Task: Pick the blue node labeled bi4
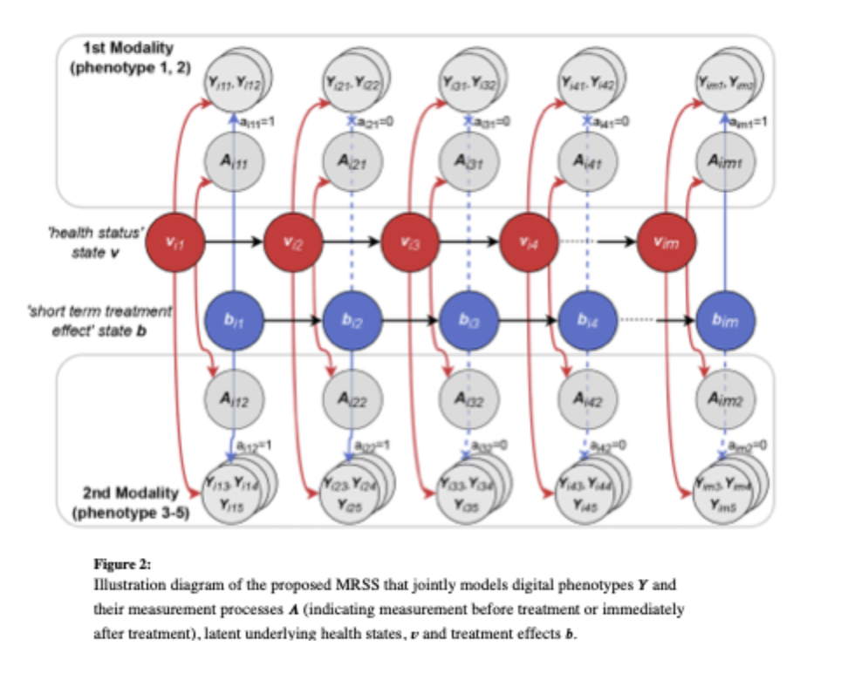point(587,320)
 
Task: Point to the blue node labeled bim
point(727,320)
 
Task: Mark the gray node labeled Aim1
point(727,161)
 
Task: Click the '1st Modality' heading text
point(130,48)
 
